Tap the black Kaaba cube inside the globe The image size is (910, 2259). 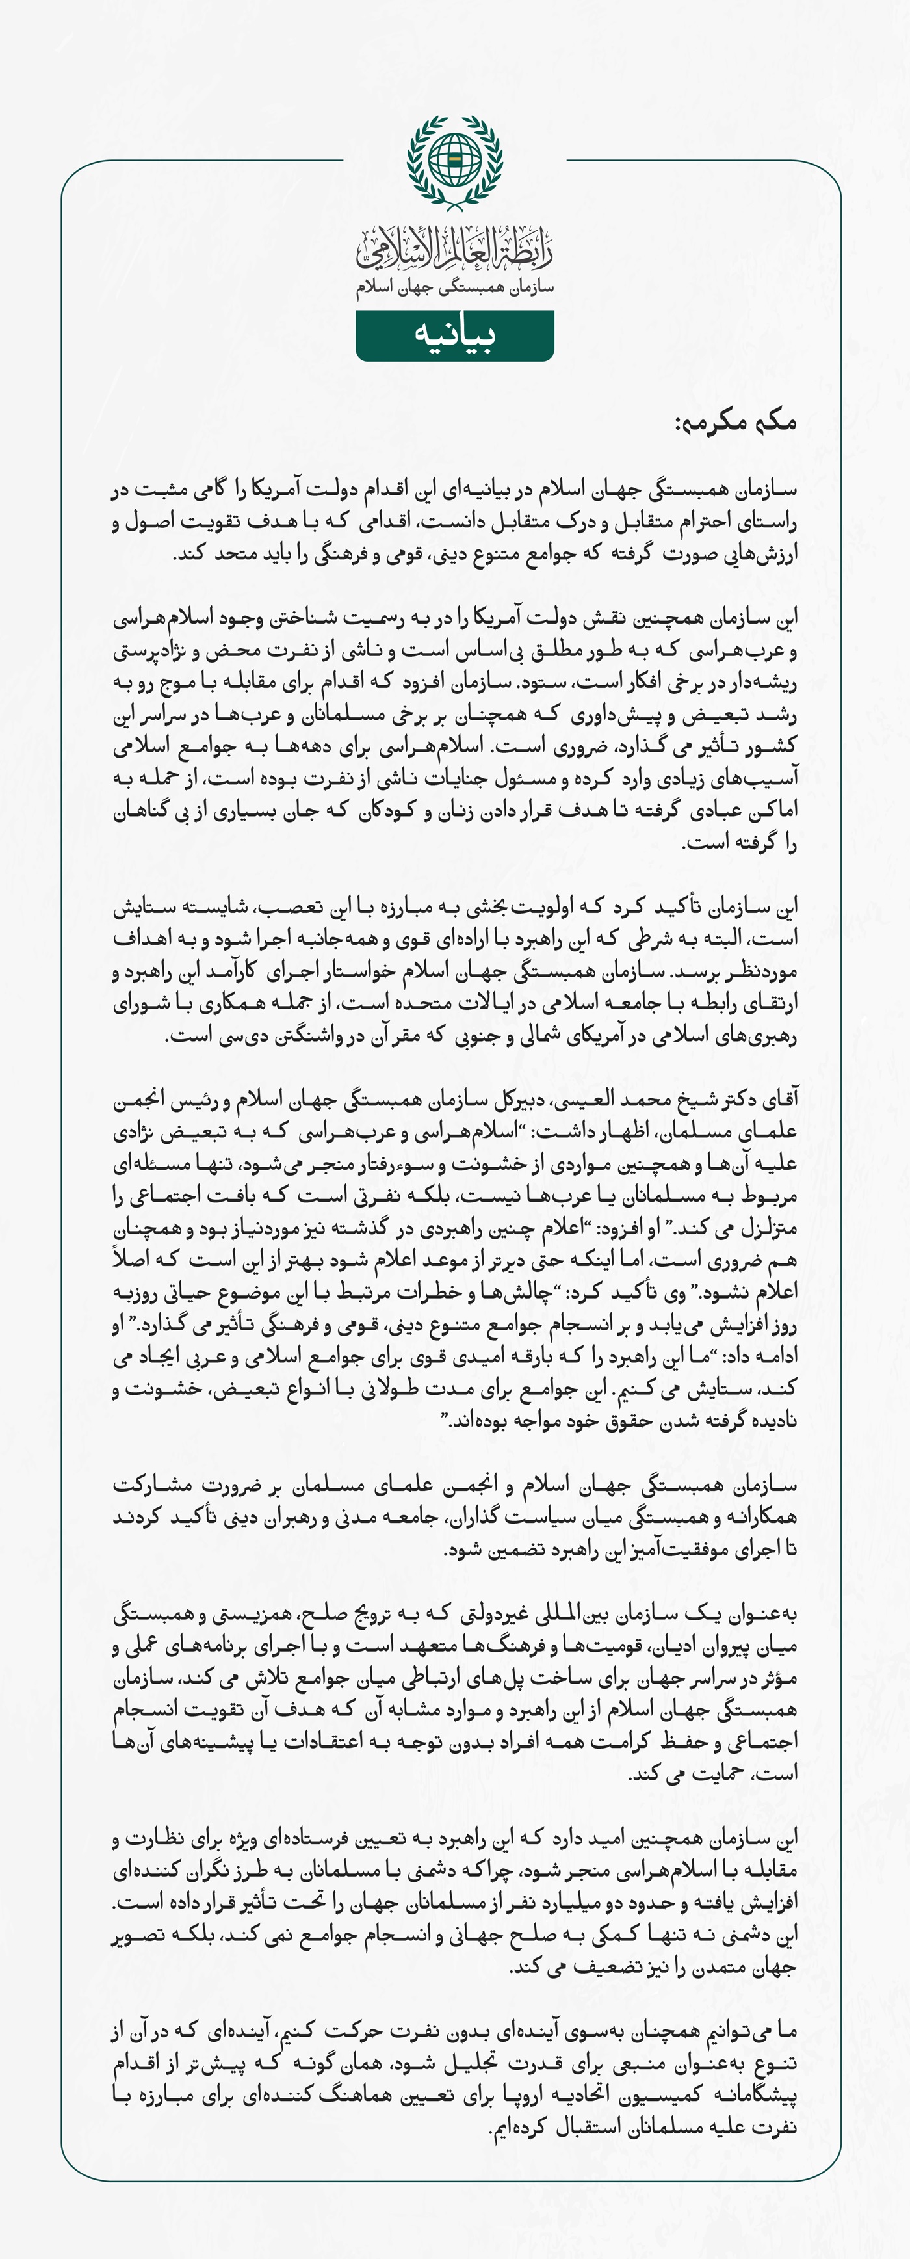(455, 158)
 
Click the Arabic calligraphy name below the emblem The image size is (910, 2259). (455, 249)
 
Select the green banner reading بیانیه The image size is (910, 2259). (455, 335)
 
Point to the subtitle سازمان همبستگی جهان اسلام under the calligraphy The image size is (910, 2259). (455, 287)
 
